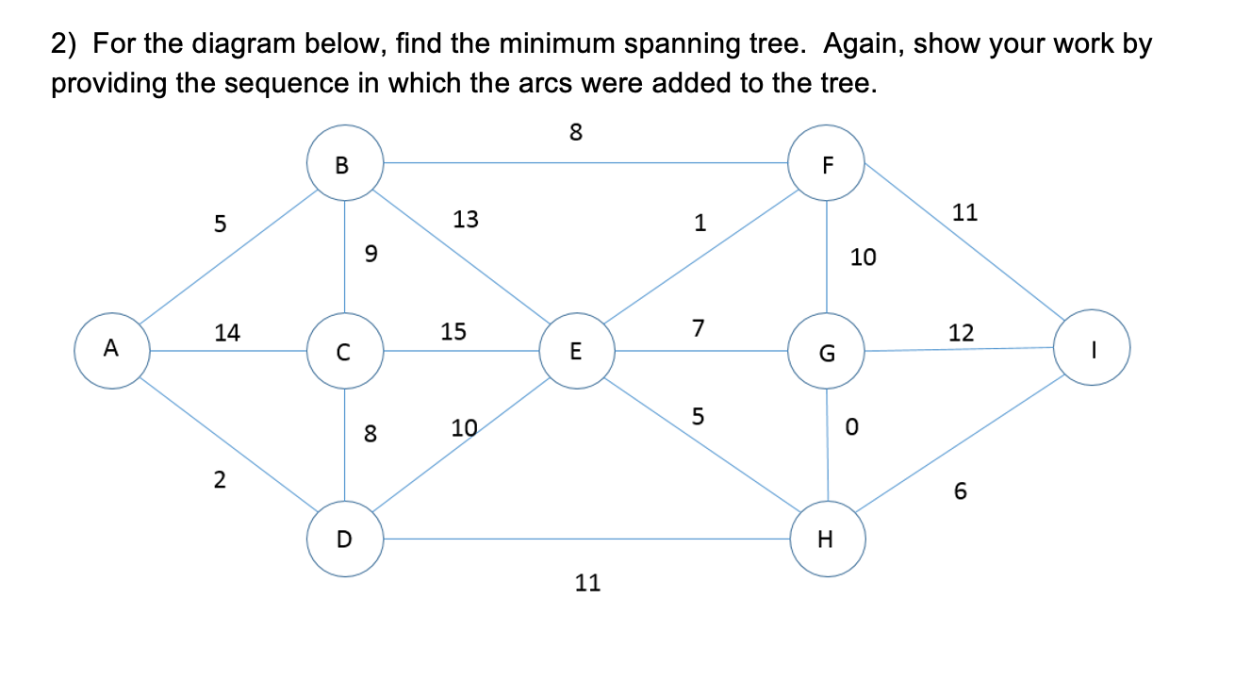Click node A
click(111, 351)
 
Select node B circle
click(344, 164)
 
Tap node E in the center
click(576, 352)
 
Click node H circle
click(827, 540)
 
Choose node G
click(827, 353)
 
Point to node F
click(827, 164)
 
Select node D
click(344, 540)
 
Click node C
click(344, 353)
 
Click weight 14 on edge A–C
click(227, 332)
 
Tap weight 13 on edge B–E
click(466, 220)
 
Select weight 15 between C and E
click(453, 332)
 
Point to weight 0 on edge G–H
click(851, 428)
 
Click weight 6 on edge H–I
click(960, 492)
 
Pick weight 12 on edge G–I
click(962, 332)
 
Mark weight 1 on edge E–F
click(699, 224)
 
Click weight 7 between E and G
click(698, 328)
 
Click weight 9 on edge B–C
click(370, 253)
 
